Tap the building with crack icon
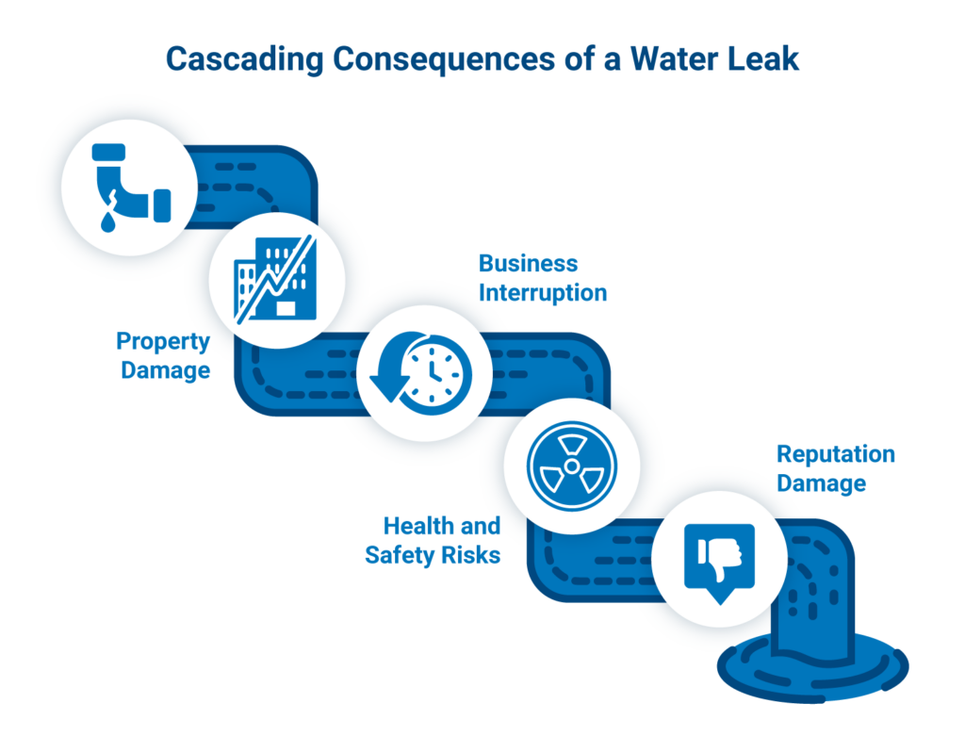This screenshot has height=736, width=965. coord(276,274)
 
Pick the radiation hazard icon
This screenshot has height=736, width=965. coord(571,466)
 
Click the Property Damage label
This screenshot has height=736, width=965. coord(164,355)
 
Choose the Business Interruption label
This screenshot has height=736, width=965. coord(542,277)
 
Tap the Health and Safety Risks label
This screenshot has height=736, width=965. coord(433,540)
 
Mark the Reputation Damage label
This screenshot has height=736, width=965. coord(835,469)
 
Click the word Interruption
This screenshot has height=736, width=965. coord(542,292)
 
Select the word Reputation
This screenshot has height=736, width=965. coord(835,455)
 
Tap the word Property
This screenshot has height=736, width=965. coord(163,340)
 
